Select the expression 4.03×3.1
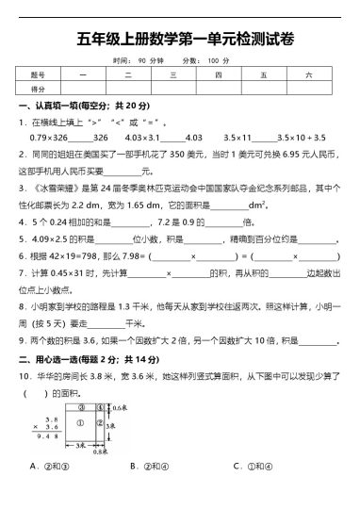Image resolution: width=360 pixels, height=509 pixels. (x=132, y=138)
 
